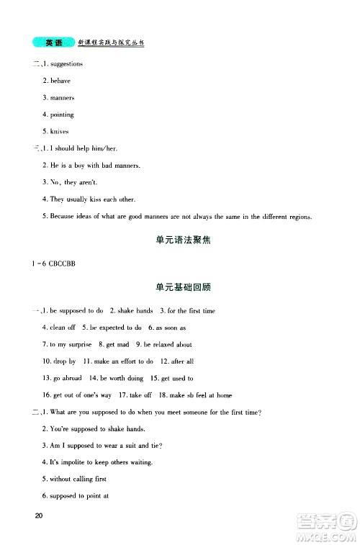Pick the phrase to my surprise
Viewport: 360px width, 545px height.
point(68,344)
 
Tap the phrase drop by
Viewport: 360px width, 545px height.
point(64,361)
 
